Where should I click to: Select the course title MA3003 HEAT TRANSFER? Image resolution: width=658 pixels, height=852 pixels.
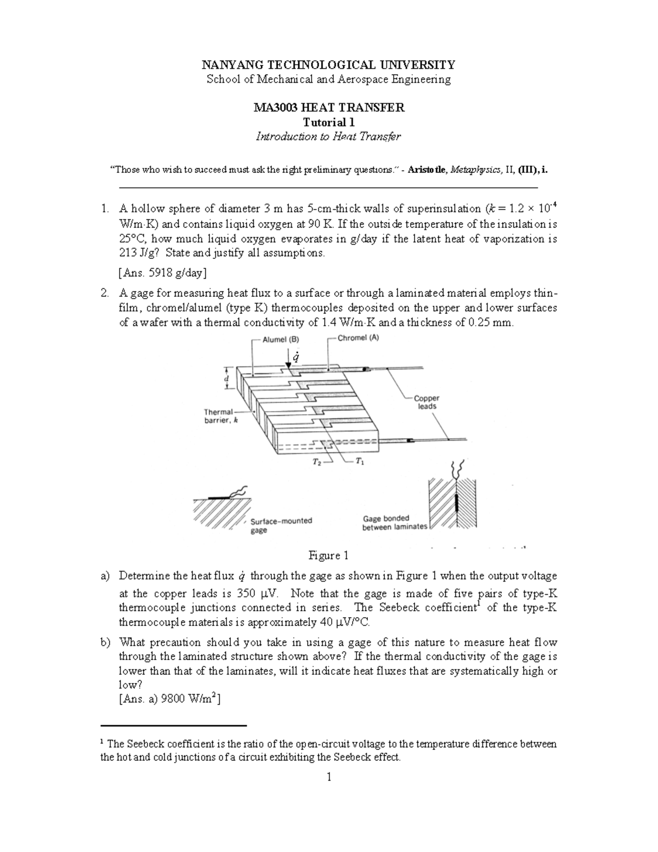[328, 108]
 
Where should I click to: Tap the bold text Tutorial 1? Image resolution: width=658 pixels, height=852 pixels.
[328, 122]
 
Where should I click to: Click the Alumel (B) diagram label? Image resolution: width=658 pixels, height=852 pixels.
[280, 340]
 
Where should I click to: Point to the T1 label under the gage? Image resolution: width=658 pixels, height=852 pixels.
[359, 461]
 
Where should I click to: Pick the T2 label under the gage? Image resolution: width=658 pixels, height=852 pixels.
[317, 462]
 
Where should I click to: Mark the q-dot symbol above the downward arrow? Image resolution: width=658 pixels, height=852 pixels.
[296, 358]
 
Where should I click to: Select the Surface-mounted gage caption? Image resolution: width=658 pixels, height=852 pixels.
[281, 525]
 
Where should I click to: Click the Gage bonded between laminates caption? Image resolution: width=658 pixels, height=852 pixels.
[394, 522]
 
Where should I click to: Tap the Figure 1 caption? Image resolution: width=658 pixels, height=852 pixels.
[328, 556]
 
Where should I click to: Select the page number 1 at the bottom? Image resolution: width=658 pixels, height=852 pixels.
[328, 777]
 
